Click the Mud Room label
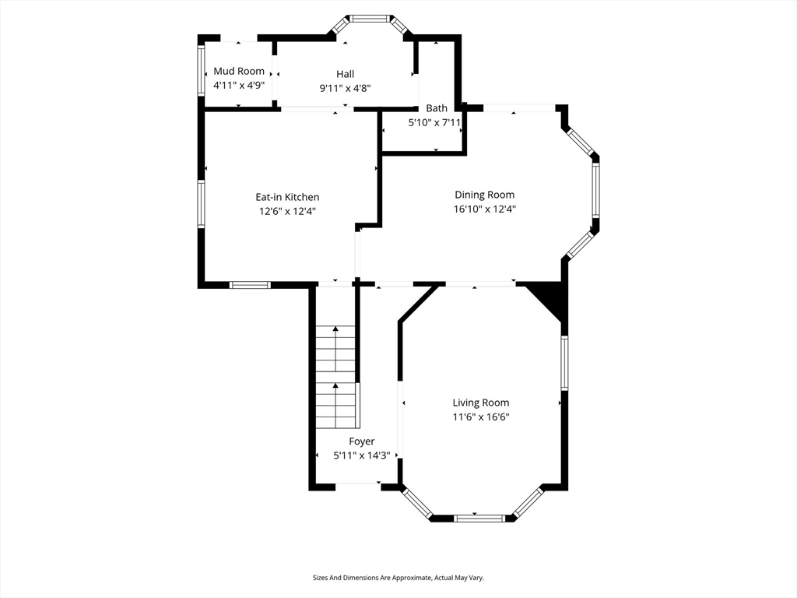pyautogui.click(x=239, y=71)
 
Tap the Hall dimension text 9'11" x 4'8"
pyautogui.click(x=345, y=89)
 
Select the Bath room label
pyautogui.click(x=437, y=108)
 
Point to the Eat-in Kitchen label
pyautogui.click(x=287, y=197)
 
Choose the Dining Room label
pyautogui.click(x=484, y=195)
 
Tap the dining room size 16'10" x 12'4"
pyautogui.click(x=484, y=209)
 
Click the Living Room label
pyautogui.click(x=481, y=403)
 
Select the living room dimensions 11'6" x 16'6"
pyautogui.click(x=481, y=417)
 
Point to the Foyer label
pyautogui.click(x=361, y=441)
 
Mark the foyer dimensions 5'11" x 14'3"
pyautogui.click(x=361, y=456)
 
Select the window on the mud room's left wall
pyautogui.click(x=202, y=69)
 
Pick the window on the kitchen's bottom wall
pyautogui.click(x=250, y=285)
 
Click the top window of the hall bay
pyautogui.click(x=370, y=19)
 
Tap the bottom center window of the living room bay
pyautogui.click(x=479, y=518)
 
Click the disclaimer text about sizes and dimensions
pyautogui.click(x=398, y=578)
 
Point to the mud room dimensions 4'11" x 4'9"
pyautogui.click(x=239, y=86)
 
